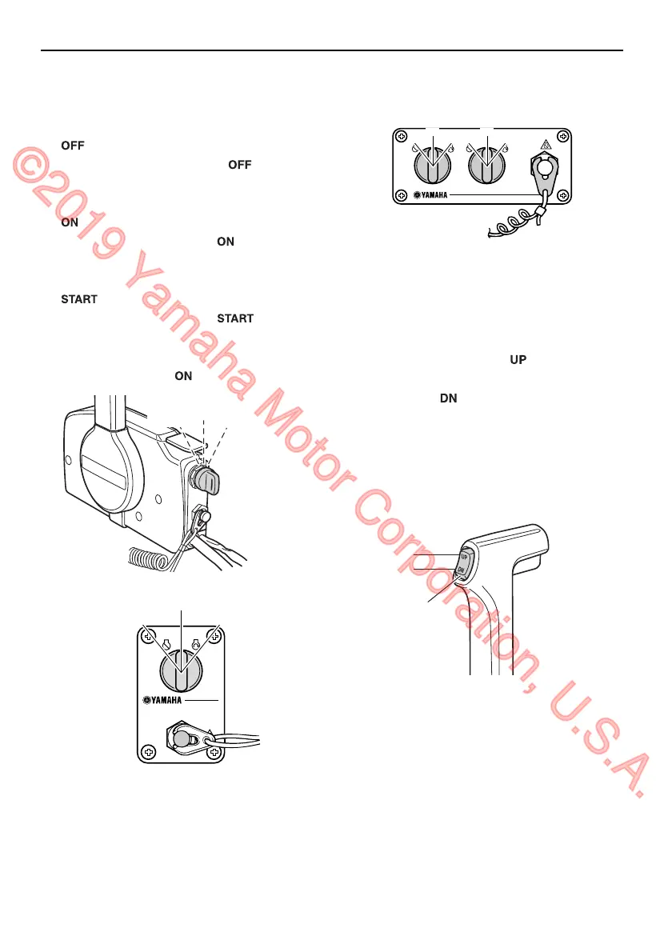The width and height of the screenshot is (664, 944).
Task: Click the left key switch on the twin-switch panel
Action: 432,169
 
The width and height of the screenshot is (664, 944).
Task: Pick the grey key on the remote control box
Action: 210,482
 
